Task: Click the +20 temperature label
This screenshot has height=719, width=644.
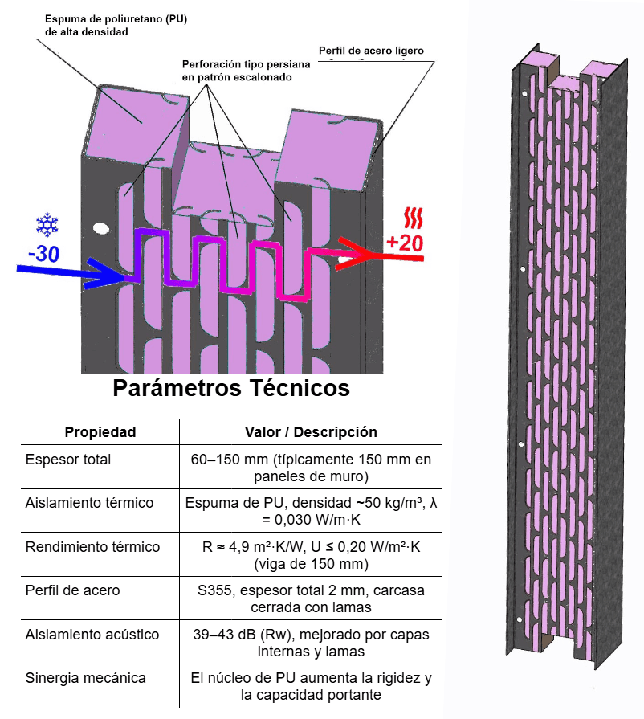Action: pos(404,243)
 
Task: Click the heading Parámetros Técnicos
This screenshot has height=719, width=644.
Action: pos(231,389)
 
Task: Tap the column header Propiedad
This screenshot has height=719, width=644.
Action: pos(100,432)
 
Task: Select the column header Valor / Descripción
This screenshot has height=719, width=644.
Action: pos(310,432)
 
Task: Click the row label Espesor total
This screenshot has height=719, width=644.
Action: pos(68,460)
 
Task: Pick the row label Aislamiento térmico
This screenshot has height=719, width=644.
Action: pos(89,504)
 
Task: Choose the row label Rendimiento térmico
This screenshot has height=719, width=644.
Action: pos(92,547)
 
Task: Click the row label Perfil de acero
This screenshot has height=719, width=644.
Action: pos(73,590)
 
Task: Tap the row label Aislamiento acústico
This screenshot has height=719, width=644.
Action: pos(92,634)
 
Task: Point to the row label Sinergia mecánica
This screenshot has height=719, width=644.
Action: pos(86,677)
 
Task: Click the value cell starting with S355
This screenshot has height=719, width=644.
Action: pos(310,598)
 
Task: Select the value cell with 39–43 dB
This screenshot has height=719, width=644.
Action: pos(310,642)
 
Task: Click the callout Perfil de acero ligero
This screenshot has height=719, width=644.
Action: pos(371,51)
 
